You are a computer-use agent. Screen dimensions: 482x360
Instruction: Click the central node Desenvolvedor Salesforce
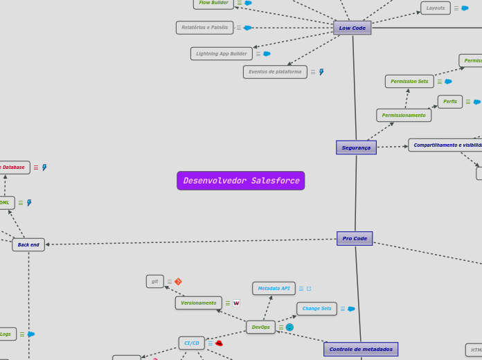pyautogui.click(x=240, y=181)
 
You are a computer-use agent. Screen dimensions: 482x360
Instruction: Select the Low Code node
pyautogui.click(x=352, y=28)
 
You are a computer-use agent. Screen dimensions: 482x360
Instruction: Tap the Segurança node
pyautogui.click(x=356, y=147)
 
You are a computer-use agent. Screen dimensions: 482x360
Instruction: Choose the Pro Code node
pyautogui.click(x=355, y=238)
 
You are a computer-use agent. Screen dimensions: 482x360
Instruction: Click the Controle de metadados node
pyautogui.click(x=360, y=349)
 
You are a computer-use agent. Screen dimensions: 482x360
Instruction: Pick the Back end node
pyautogui.click(x=28, y=244)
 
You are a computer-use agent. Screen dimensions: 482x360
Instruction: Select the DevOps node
pyautogui.click(x=260, y=327)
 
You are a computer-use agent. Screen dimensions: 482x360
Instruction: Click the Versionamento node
pyautogui.click(x=198, y=303)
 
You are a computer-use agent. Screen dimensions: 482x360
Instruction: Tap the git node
pyautogui.click(x=154, y=281)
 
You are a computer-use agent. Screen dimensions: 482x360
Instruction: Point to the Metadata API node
pyautogui.click(x=274, y=288)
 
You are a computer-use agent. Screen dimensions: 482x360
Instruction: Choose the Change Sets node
pyautogui.click(x=316, y=308)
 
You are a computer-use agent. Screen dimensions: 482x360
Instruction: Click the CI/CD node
pyautogui.click(x=191, y=343)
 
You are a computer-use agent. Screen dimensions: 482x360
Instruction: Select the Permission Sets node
pyautogui.click(x=409, y=81)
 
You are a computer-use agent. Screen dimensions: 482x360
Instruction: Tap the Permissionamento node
pyautogui.click(x=404, y=115)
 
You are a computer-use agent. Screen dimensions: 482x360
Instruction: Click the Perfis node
pyautogui.click(x=449, y=101)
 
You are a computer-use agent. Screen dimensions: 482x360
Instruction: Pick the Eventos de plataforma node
pyautogui.click(x=275, y=71)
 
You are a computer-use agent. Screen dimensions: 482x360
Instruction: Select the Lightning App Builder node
pyautogui.click(x=221, y=53)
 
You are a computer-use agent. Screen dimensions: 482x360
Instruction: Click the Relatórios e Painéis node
pyautogui.click(x=204, y=28)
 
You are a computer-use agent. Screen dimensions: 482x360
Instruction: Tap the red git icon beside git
pyautogui.click(x=178, y=282)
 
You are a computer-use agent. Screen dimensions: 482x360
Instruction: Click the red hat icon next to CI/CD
pyautogui.click(x=219, y=343)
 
